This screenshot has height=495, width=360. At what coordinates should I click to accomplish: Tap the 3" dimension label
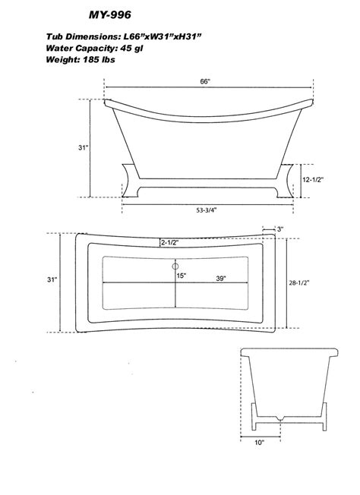[x=279, y=229]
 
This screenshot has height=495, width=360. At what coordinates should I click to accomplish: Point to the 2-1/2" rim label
[x=169, y=242]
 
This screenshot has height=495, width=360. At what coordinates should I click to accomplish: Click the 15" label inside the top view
[x=181, y=276]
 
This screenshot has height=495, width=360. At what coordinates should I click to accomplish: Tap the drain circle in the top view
[x=174, y=266]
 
